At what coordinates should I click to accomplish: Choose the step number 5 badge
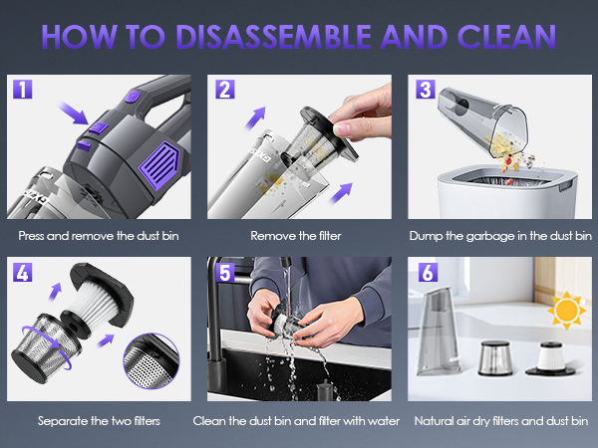[x=223, y=272]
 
